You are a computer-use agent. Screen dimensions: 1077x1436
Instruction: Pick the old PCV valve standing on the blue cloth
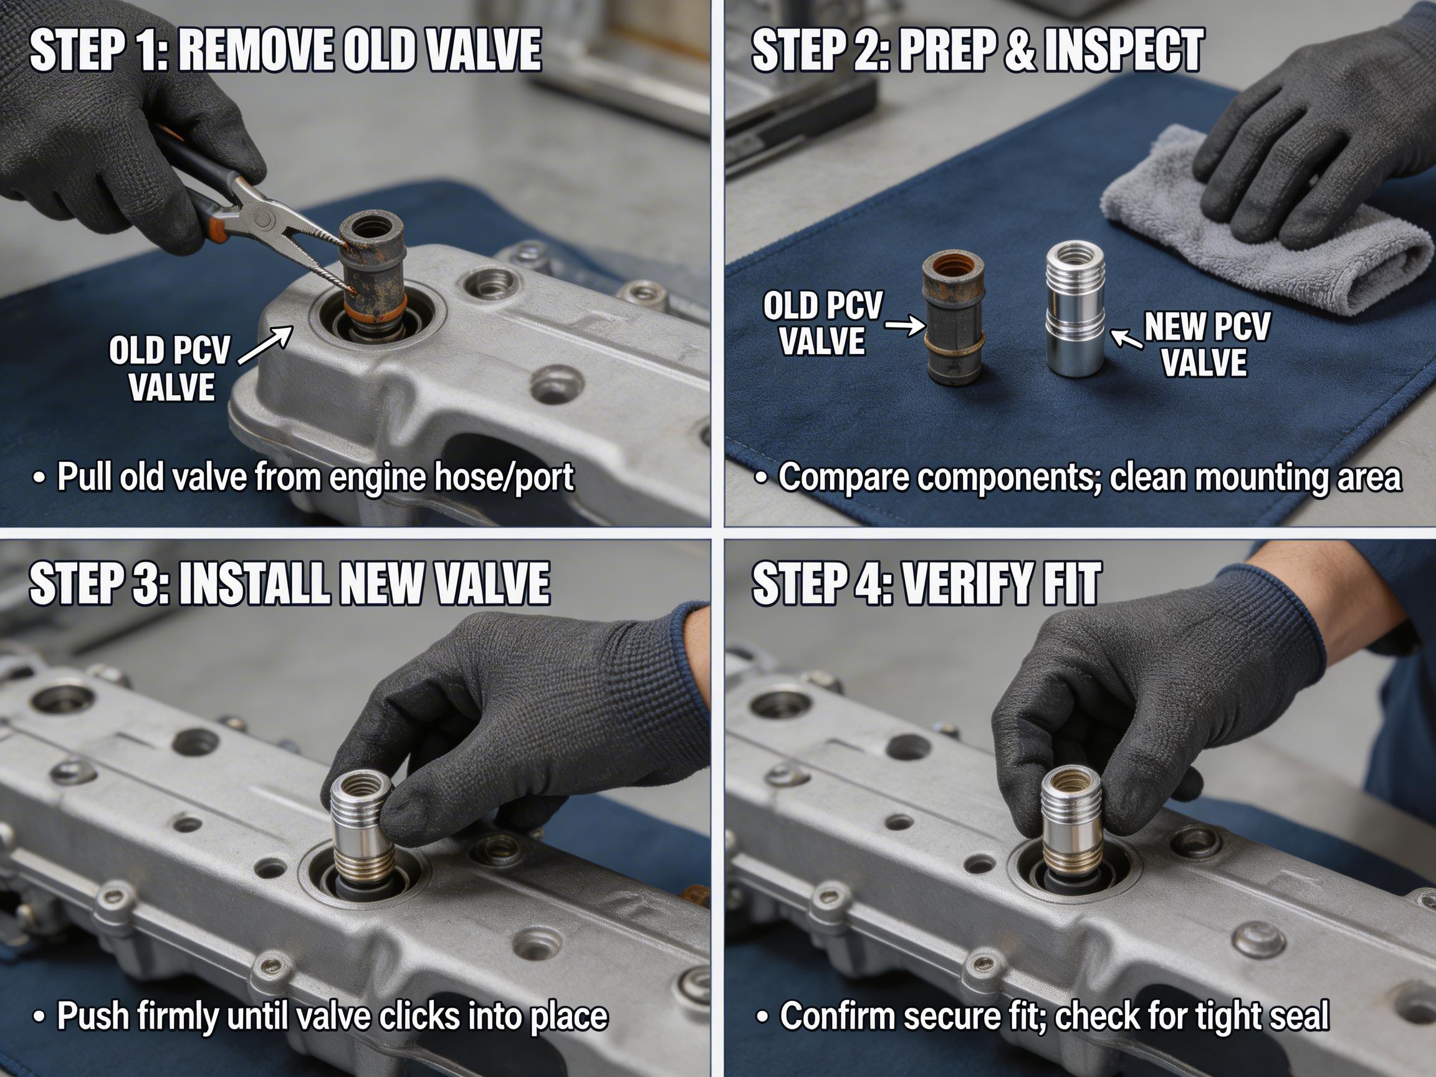pyautogui.click(x=952, y=318)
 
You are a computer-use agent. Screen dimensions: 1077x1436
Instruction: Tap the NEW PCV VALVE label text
pyautogui.click(x=1205, y=344)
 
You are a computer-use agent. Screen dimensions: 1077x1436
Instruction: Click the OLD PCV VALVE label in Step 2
pyautogui.click(x=823, y=323)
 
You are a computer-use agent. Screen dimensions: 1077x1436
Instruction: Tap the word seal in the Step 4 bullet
pyautogui.click(x=1295, y=1016)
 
